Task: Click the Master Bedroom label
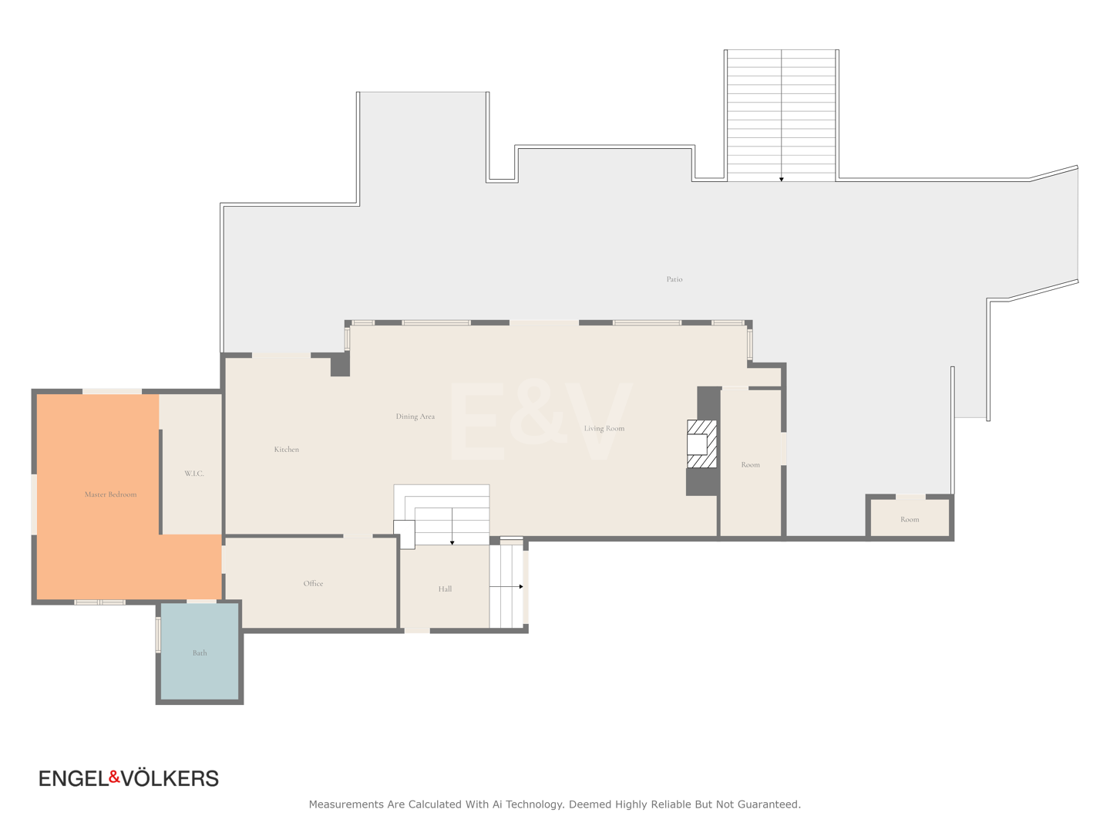(110, 494)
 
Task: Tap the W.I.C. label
(193, 474)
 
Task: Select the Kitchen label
(286, 449)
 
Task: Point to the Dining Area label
(415, 416)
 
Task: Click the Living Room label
(604, 428)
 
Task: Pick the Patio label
(674, 279)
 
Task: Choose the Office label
(313, 583)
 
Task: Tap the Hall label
(445, 588)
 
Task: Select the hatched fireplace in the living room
(702, 443)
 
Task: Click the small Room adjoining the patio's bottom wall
(910, 518)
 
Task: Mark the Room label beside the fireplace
(750, 465)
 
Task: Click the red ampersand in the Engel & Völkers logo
(114, 777)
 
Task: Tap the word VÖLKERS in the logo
(170, 779)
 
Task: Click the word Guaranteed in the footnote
(769, 804)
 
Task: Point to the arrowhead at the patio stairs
(782, 180)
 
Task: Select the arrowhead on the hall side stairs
(521, 587)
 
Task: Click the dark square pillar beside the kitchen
(341, 364)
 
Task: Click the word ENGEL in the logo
(73, 779)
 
